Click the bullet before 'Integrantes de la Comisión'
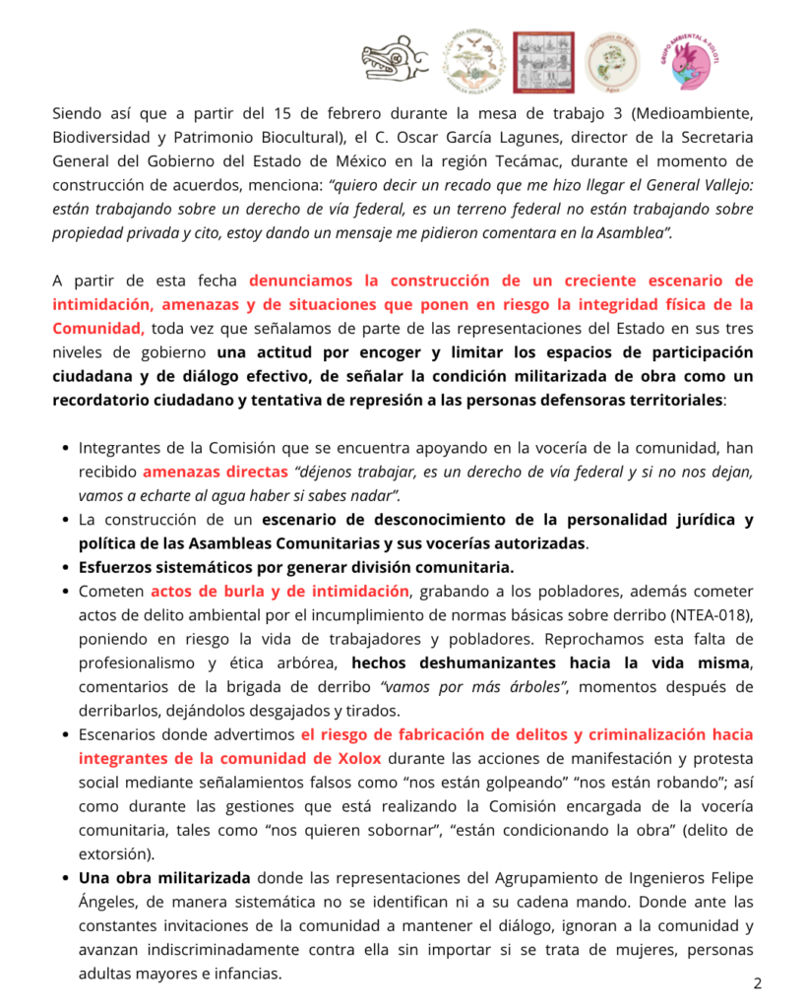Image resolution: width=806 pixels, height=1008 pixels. point(65,447)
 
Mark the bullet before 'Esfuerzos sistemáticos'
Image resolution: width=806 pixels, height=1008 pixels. point(65,568)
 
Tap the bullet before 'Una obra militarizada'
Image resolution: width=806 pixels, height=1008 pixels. point(65,878)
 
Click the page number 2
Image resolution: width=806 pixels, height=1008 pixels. point(758,982)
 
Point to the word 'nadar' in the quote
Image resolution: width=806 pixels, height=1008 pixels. point(368,495)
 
